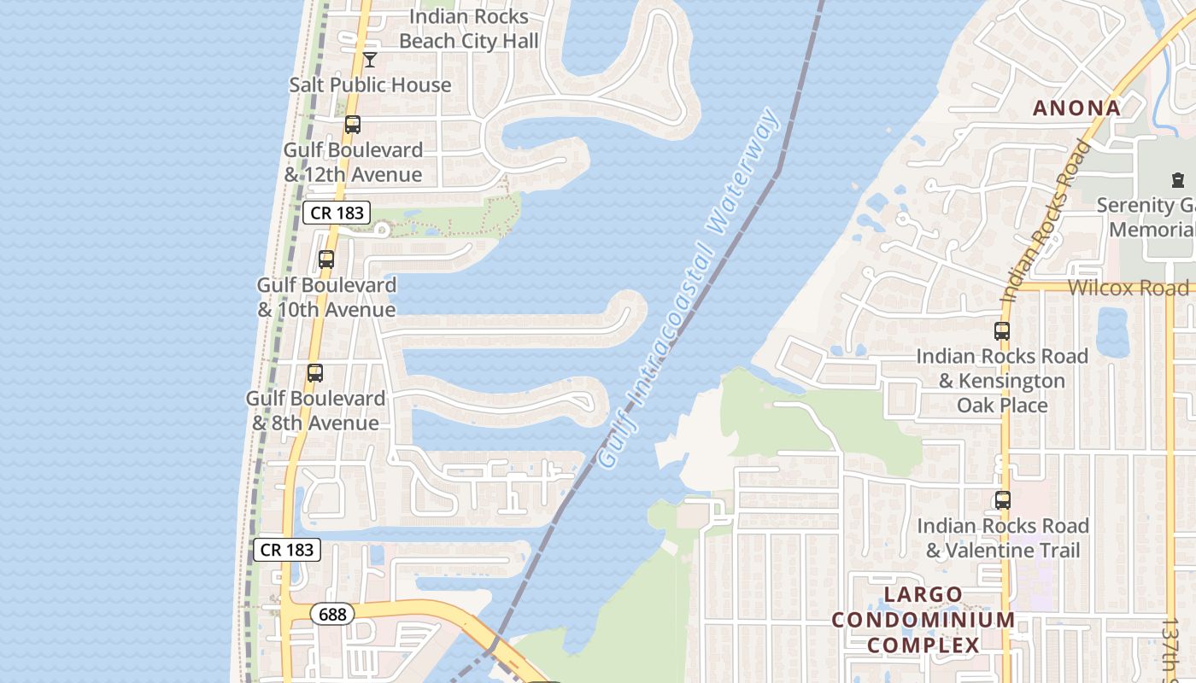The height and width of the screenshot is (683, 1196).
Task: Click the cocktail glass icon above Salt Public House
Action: click(369, 59)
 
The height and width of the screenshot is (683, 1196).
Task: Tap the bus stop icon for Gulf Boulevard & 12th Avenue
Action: click(353, 125)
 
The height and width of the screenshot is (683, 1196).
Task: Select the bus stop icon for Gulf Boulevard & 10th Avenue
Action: click(326, 260)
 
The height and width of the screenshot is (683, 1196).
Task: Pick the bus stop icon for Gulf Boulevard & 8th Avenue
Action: click(315, 373)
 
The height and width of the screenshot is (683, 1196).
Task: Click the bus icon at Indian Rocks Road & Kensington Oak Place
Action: click(1002, 331)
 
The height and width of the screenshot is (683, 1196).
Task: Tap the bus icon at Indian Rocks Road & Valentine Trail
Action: click(1003, 500)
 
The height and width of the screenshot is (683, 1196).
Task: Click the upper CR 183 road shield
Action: click(337, 213)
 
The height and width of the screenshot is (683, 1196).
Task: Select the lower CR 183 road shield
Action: click(287, 550)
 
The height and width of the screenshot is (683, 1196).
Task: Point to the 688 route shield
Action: click(332, 614)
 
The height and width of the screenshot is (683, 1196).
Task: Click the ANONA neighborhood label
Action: click(1076, 108)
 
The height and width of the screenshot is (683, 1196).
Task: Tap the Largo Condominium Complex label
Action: click(923, 620)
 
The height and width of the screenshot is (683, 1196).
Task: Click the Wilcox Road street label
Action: click(1128, 288)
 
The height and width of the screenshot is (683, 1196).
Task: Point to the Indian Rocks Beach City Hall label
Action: click(469, 28)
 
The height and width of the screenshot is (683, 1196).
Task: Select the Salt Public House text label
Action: click(370, 85)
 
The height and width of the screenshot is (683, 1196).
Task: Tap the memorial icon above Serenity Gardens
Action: click(1178, 180)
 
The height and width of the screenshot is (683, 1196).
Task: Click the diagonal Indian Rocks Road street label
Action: click(1046, 221)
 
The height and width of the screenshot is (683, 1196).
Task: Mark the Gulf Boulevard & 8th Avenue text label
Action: click(315, 411)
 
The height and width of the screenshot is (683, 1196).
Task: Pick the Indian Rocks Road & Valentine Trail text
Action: click(1003, 538)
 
